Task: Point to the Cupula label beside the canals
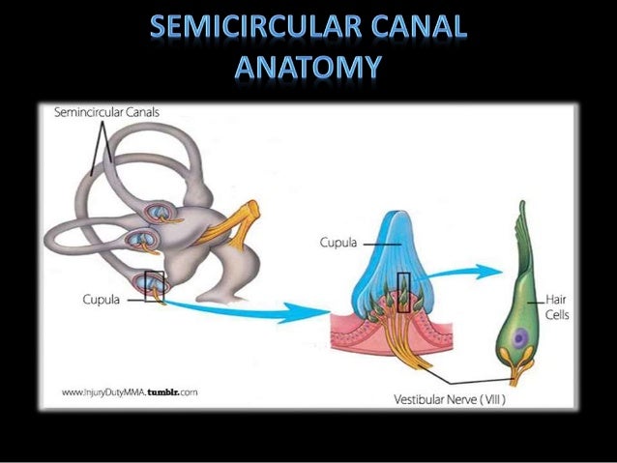coord(101,300)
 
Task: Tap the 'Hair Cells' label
coord(557,307)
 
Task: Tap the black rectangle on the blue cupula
coord(404,293)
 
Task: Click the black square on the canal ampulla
coord(155,286)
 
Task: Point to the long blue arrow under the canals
coord(251,312)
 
